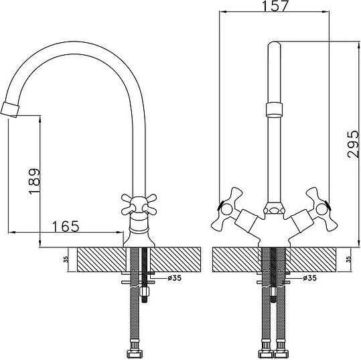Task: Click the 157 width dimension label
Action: pos(275,6)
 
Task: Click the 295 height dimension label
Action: pos(353,144)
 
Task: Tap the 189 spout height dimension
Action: pos(34,182)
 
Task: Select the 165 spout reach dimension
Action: pos(66,227)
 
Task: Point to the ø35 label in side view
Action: pos(175,278)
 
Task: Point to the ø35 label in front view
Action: pos(309,278)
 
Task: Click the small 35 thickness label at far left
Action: pos(66,259)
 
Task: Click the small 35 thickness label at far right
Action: pos(349,259)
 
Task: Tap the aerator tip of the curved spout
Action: pos(9,109)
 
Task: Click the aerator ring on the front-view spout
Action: pos(274,111)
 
